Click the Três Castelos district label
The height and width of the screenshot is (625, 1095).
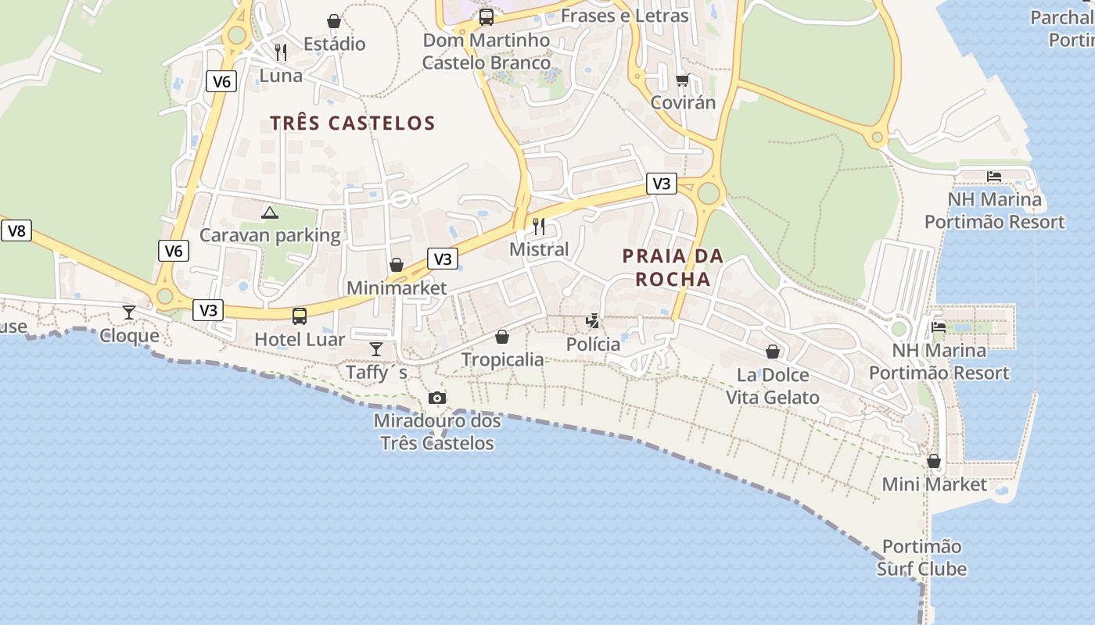click(x=352, y=123)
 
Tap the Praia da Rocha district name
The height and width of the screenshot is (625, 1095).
click(x=673, y=267)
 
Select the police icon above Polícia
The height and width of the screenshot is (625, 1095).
click(x=594, y=321)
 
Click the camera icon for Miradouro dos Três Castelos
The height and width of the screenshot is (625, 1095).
click(x=437, y=398)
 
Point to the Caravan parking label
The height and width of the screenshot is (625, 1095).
click(x=270, y=235)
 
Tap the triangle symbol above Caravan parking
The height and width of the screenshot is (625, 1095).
click(x=270, y=212)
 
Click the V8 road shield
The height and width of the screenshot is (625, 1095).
click(x=16, y=230)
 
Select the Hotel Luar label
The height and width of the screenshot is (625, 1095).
click(x=300, y=340)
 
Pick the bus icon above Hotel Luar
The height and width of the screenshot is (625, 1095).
click(x=300, y=316)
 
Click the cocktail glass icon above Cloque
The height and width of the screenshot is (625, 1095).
click(x=129, y=312)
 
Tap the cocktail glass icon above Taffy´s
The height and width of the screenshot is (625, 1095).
click(x=376, y=348)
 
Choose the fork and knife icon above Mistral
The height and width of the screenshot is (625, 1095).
click(x=539, y=227)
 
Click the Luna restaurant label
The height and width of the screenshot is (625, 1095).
click(x=281, y=76)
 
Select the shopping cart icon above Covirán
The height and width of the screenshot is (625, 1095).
click(x=683, y=80)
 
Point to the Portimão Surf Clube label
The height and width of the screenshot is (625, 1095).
click(x=921, y=558)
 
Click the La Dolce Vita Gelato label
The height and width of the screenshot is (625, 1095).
click(x=773, y=386)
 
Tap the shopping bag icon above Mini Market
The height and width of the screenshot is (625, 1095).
click(x=934, y=461)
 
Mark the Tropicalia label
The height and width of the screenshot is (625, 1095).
click(x=502, y=359)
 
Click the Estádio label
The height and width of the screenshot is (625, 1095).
click(x=334, y=44)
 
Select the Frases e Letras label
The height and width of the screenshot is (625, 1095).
click(x=624, y=16)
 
